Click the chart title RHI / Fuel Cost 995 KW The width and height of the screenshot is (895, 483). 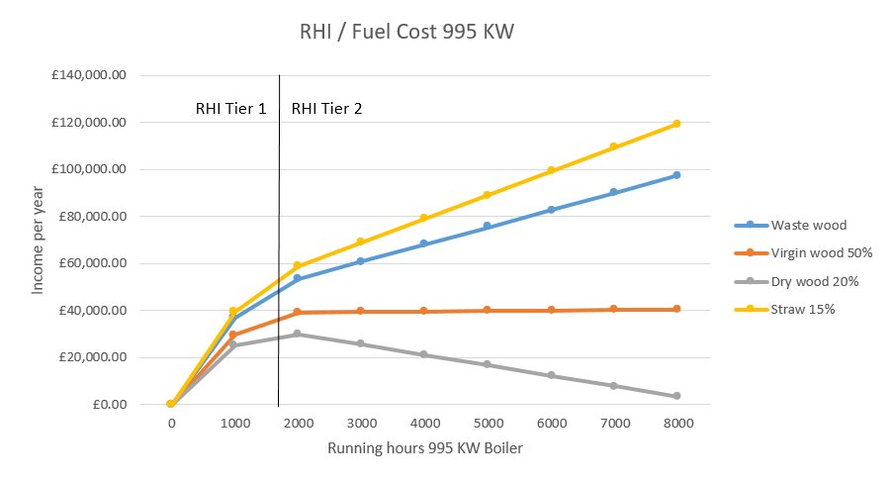point(407,32)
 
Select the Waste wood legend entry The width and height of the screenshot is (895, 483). point(797,225)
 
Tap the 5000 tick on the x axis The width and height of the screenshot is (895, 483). point(488,424)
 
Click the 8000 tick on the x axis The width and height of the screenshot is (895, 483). point(677,424)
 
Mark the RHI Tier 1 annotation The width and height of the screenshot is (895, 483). point(230,108)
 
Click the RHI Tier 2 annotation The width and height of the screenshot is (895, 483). point(326,108)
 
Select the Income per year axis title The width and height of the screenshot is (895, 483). point(38,240)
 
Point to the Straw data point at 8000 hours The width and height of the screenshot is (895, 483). point(677,124)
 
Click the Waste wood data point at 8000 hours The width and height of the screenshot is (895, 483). point(677,175)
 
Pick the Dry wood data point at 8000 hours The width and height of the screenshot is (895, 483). point(677,396)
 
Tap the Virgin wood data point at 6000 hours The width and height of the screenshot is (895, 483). point(551,310)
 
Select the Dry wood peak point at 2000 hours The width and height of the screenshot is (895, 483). point(298,334)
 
